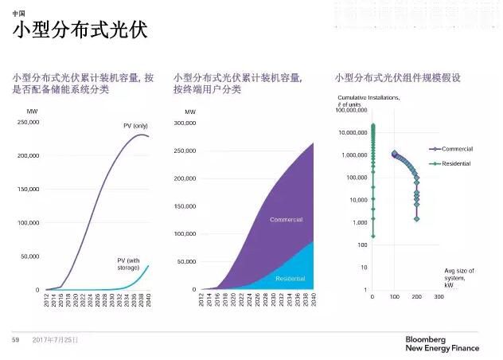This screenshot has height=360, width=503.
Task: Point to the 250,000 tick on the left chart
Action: point(26,122)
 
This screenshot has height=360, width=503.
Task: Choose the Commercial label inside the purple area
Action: point(286,220)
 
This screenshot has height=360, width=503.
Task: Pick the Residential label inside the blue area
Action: point(290,278)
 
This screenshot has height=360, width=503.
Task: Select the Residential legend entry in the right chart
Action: point(456,163)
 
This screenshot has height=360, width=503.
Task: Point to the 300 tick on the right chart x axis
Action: point(439,297)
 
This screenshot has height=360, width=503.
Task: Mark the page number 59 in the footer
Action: point(15,340)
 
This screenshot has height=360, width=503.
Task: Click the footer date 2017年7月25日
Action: point(56,340)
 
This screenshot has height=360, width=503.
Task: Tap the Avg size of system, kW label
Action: point(456,278)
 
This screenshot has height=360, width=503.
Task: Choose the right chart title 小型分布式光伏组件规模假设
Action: point(397,77)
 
